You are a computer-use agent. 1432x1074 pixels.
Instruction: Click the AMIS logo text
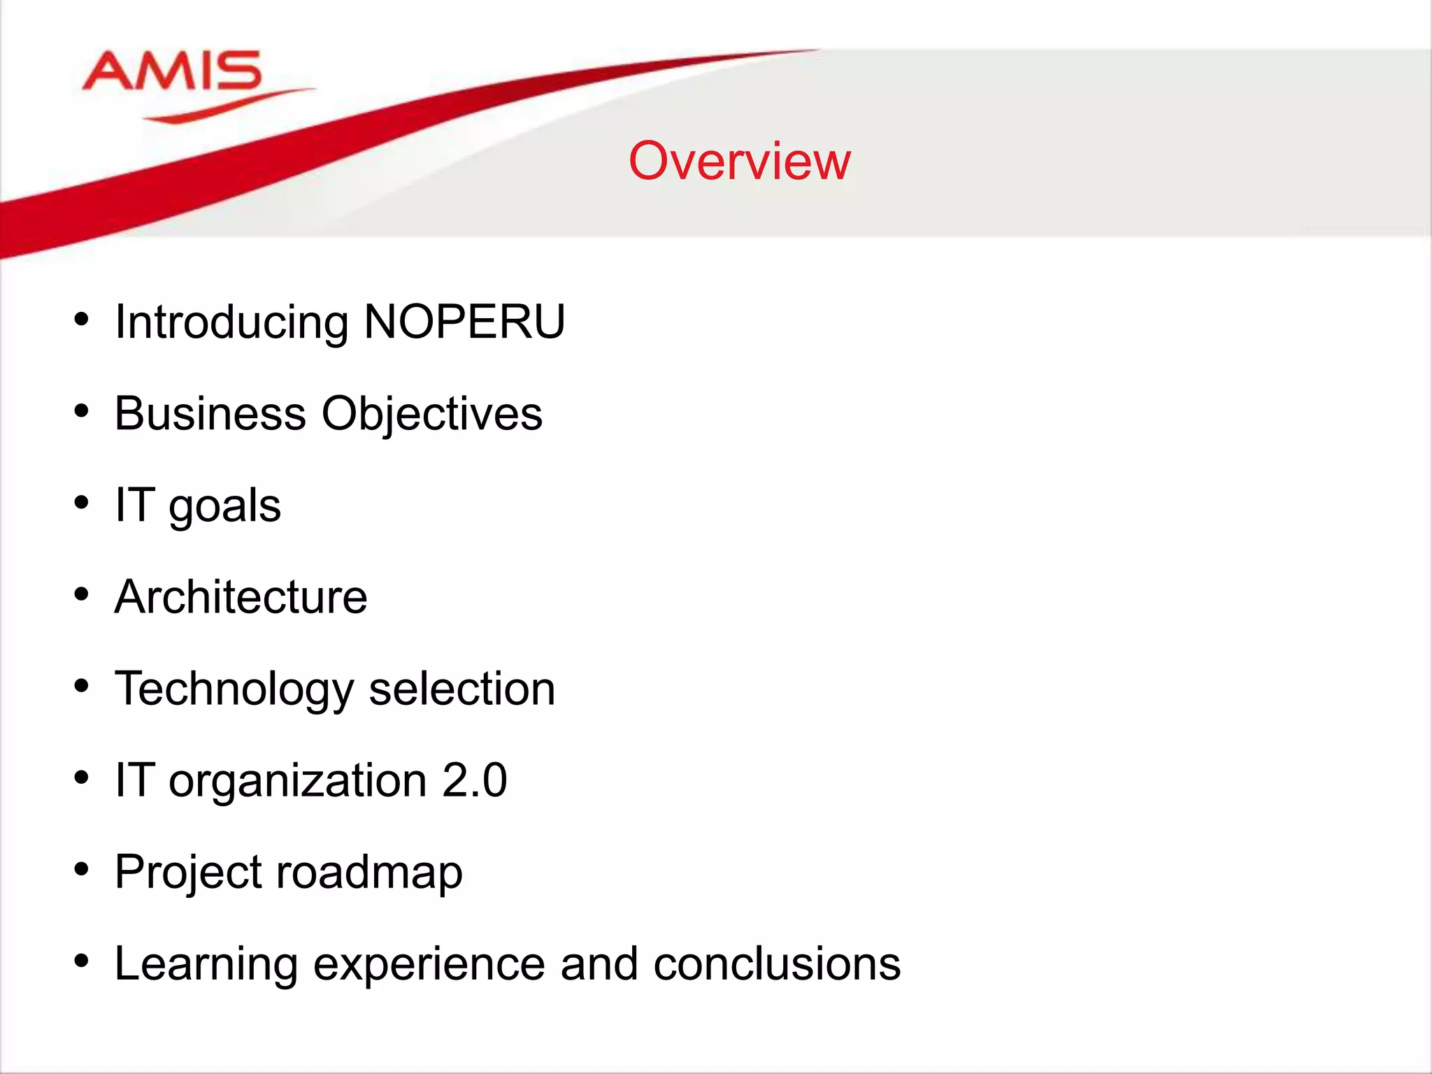[x=172, y=71]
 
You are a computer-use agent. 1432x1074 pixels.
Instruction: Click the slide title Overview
[x=739, y=161]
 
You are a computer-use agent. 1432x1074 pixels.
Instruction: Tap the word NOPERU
[x=464, y=322]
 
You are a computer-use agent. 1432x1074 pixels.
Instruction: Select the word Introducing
[x=231, y=323]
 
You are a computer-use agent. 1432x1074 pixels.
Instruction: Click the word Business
[x=210, y=413]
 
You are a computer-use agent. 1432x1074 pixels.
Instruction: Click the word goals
[x=224, y=506]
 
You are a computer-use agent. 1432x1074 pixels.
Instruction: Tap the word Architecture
[x=241, y=597]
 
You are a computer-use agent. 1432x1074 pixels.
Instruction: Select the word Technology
[x=234, y=689]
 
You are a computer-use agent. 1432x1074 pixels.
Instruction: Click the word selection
[x=461, y=689]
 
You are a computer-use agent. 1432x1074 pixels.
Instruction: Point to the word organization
[x=297, y=781]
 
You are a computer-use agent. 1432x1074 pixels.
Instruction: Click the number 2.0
[x=474, y=780]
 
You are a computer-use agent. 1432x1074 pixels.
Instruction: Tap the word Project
[x=187, y=873]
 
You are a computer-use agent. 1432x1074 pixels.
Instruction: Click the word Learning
[x=206, y=965]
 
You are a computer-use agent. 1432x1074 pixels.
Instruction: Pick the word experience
[x=429, y=965]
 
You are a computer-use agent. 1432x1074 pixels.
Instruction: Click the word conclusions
[x=776, y=964]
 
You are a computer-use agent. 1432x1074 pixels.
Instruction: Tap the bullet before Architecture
[x=82, y=594]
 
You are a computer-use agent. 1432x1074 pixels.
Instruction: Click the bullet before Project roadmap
[x=82, y=869]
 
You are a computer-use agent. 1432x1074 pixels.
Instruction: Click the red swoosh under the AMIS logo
[x=224, y=107]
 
